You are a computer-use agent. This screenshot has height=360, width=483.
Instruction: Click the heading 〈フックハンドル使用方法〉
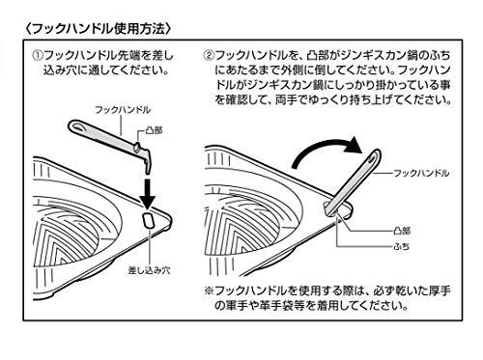(x=98, y=29)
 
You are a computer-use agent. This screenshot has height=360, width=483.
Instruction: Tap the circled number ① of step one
(x=38, y=55)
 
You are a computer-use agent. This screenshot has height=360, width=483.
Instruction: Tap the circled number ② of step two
(x=209, y=55)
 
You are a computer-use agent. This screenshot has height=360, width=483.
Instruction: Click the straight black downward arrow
(x=148, y=193)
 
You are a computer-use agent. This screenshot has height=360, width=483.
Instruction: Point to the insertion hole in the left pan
(x=149, y=220)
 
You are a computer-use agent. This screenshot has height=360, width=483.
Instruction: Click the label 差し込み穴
(x=150, y=270)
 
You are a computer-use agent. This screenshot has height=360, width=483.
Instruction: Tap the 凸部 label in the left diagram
(x=155, y=130)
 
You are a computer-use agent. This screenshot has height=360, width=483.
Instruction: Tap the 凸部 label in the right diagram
(x=402, y=231)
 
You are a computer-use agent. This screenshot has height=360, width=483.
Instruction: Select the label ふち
(x=402, y=246)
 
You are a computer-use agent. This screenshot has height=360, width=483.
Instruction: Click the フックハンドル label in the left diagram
(x=123, y=110)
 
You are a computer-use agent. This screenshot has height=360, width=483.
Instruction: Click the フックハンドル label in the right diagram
(x=421, y=173)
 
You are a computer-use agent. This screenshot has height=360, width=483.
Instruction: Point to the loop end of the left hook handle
(x=77, y=126)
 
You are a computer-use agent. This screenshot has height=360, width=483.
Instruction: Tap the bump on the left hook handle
(x=137, y=147)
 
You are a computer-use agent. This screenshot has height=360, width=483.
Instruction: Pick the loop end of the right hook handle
(x=375, y=157)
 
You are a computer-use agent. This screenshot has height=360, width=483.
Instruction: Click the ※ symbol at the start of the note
(x=209, y=291)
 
